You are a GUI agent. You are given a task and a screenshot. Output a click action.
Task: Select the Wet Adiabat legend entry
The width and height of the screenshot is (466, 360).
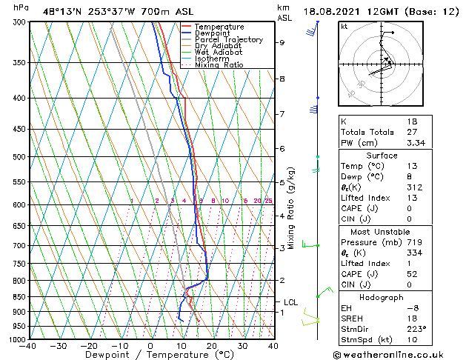(219, 53)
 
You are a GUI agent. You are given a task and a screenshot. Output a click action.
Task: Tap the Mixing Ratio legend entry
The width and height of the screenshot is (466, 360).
(219, 65)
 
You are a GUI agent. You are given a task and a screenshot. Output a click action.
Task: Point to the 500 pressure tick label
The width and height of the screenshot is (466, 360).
(17, 157)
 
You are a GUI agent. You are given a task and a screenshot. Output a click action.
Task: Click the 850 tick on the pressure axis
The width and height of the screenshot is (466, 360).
(17, 297)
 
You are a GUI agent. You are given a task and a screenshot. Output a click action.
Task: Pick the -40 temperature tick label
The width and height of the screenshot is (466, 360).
(28, 346)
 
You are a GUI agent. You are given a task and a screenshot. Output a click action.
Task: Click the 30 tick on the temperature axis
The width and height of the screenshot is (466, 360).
(242, 346)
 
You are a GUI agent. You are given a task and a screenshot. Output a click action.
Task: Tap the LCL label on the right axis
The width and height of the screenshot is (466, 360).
(290, 302)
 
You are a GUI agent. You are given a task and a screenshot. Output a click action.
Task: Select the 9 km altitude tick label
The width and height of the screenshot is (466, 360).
(282, 43)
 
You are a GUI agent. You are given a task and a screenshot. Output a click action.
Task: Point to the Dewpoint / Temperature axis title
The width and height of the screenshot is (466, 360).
(150, 355)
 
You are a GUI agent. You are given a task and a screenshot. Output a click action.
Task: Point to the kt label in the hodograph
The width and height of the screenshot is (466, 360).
(344, 27)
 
